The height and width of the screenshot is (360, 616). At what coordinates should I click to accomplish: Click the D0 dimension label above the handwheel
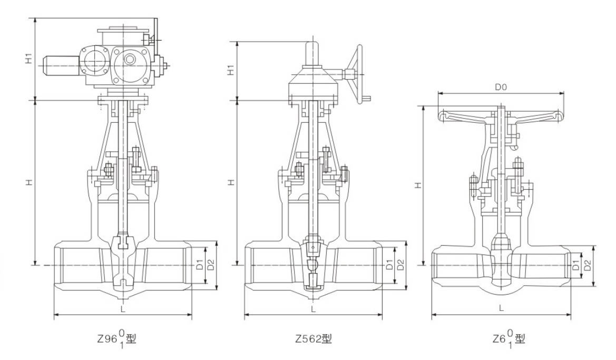501,87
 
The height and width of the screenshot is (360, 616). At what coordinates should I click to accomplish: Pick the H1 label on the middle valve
231,70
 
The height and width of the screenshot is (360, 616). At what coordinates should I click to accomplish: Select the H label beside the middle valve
231,182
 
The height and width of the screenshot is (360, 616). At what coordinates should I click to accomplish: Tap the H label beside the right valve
417,185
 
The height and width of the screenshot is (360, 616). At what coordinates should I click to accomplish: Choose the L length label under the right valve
501,308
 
